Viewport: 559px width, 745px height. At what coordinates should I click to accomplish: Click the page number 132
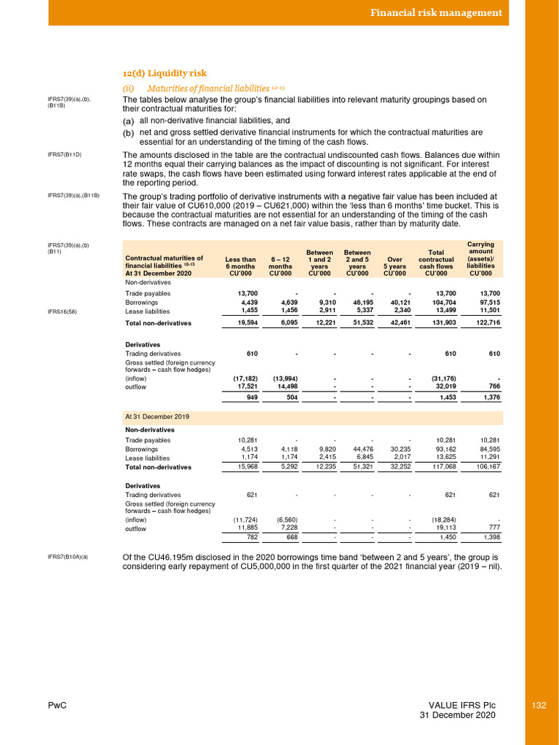tap(539, 705)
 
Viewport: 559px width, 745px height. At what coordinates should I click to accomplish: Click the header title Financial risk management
tap(436, 12)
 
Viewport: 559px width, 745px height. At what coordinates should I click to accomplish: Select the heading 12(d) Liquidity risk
tap(164, 73)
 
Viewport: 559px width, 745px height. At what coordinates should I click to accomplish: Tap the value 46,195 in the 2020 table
tap(357, 302)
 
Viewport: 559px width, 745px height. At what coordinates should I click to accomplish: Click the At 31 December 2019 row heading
tap(157, 417)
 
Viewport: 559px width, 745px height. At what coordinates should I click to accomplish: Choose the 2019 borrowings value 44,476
tap(357, 449)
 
